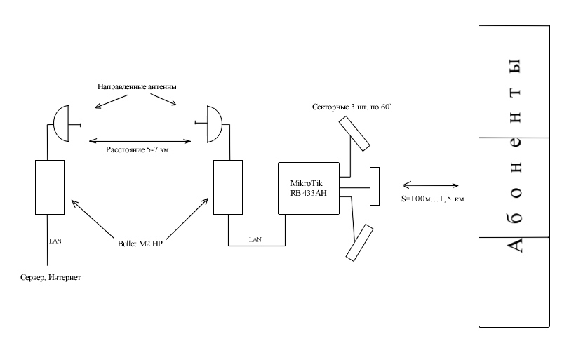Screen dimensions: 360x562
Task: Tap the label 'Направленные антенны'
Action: tap(137, 86)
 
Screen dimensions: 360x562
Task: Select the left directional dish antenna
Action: tap(61, 124)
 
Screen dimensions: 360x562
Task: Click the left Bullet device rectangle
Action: tap(48, 187)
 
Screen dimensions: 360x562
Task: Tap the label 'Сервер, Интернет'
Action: tap(51, 278)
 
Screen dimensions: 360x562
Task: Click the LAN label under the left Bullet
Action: tap(55, 241)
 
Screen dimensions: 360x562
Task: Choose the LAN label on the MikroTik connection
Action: tap(255, 240)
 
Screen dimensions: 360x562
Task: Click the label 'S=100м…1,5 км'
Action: tap(432, 199)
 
